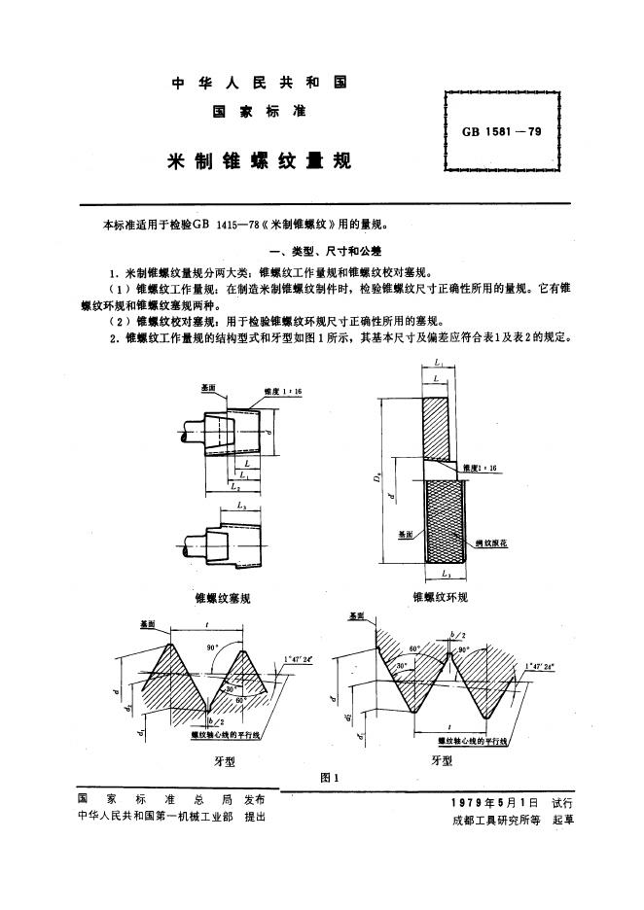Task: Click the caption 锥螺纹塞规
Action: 223,598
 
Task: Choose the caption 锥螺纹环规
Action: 440,597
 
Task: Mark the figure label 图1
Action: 329,778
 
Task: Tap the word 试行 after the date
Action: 562,802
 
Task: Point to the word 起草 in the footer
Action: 563,819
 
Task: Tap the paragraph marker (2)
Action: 120,320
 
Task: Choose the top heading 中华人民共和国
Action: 259,82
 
